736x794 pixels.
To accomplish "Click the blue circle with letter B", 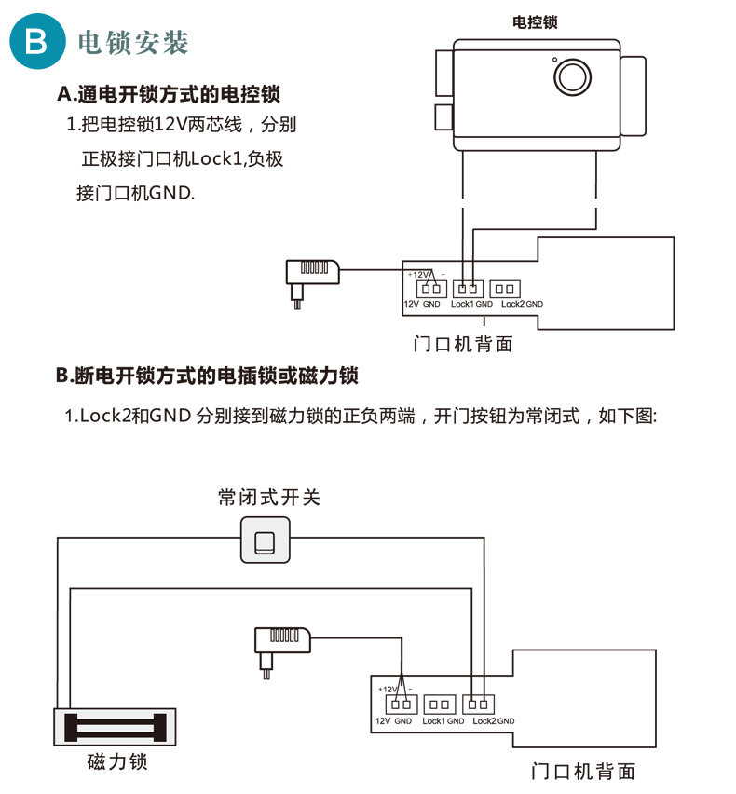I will [x=35, y=42].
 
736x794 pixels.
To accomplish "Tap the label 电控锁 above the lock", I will [x=536, y=22].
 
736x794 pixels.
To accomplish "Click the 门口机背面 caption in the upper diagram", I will [x=463, y=345].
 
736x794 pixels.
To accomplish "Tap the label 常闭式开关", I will [x=268, y=497].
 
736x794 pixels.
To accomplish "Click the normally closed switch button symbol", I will [x=266, y=541].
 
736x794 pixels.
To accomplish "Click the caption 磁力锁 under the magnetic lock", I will [x=117, y=761].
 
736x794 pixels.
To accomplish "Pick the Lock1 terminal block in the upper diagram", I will [x=468, y=289].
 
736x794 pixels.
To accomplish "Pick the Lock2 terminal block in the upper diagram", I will [x=504, y=289].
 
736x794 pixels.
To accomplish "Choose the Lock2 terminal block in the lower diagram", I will [x=480, y=705].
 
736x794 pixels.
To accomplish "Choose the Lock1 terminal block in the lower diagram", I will [x=439, y=705].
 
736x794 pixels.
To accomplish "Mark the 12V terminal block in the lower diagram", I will [x=402, y=705].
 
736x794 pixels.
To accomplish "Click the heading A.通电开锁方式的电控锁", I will [x=169, y=94].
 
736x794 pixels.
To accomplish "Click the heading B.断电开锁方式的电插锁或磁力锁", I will [x=208, y=376].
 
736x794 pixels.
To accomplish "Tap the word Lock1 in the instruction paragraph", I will [x=214, y=159].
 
